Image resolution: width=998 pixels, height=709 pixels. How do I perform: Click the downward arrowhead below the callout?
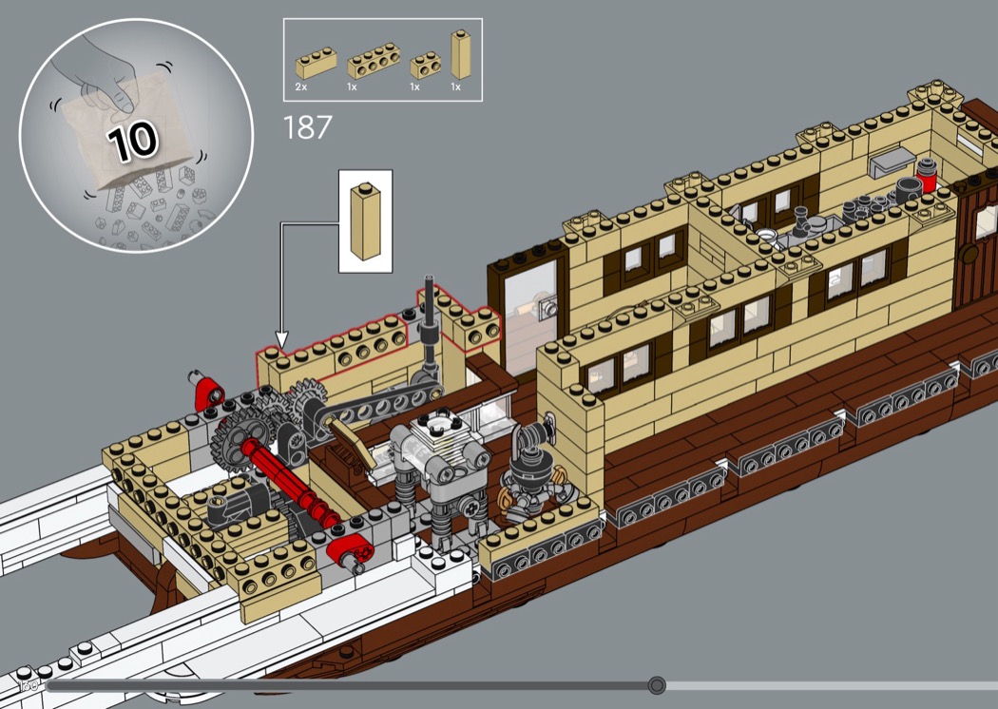[281, 338]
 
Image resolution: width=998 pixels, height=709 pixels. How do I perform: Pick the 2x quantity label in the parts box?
[300, 86]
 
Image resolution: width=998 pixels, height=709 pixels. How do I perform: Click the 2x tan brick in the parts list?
[316, 64]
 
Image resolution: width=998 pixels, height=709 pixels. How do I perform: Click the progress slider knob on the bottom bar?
[657, 685]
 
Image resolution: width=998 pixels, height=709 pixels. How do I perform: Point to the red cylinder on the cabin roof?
[927, 176]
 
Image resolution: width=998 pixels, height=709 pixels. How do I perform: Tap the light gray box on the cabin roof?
[891, 163]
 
